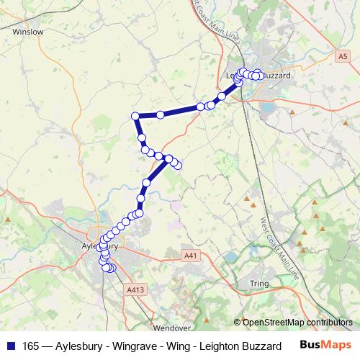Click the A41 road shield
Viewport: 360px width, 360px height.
pyautogui.click(x=189, y=256)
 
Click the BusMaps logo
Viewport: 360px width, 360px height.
pyautogui.click(x=323, y=346)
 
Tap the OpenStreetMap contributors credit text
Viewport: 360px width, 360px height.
pyautogui.click(x=297, y=323)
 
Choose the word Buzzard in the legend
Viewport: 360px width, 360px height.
pyautogui.click(x=260, y=346)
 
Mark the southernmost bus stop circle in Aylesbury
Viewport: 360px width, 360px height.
pyautogui.click(x=110, y=269)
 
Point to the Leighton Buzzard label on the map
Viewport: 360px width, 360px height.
pyautogui.click(x=257, y=75)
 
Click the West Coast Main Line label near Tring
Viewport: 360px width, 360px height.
pyautogui.click(x=274, y=238)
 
